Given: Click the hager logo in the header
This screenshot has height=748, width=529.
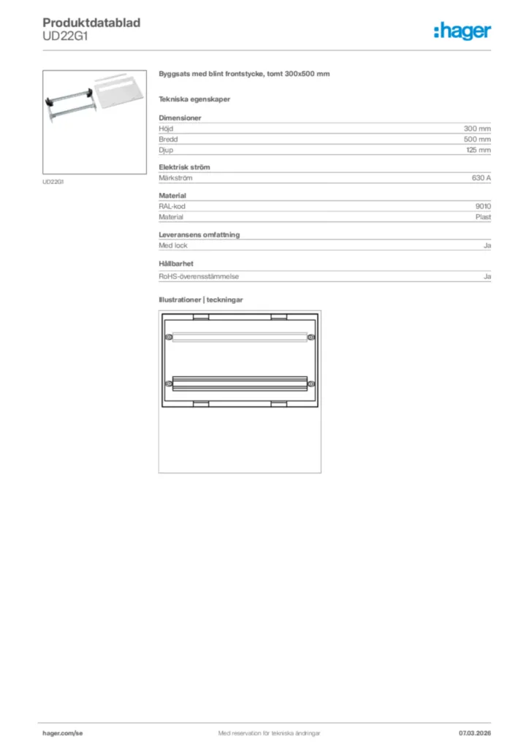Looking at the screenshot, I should [x=462, y=31].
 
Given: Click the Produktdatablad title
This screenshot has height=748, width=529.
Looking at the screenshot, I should [x=91, y=23].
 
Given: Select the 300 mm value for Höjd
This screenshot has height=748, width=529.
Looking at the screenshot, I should [x=477, y=129].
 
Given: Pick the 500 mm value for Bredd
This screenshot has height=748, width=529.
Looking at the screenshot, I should [x=477, y=139].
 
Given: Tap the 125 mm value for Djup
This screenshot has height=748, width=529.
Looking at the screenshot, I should [x=478, y=150].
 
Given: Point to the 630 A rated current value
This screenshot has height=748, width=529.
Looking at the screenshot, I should [x=481, y=178].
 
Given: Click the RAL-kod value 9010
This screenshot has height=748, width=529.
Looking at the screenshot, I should [x=482, y=207].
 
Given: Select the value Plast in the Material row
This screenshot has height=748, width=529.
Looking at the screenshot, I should [x=482, y=217].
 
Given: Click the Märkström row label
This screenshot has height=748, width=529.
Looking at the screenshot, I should [x=175, y=178].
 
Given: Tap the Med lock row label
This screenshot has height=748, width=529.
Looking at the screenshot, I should [x=173, y=245].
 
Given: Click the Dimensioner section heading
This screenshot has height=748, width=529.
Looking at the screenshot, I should [x=180, y=118].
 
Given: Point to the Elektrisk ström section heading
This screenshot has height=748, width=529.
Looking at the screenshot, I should [x=184, y=167].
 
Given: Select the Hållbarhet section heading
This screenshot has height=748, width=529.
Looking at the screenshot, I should [x=176, y=263].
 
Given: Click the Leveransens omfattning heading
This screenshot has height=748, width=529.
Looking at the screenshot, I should [x=199, y=234].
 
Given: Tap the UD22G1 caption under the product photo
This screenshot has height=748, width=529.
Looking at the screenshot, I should [x=53, y=182].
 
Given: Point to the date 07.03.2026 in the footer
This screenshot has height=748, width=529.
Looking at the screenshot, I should [x=474, y=733].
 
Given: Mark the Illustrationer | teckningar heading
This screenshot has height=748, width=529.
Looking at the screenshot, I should [x=201, y=300].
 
